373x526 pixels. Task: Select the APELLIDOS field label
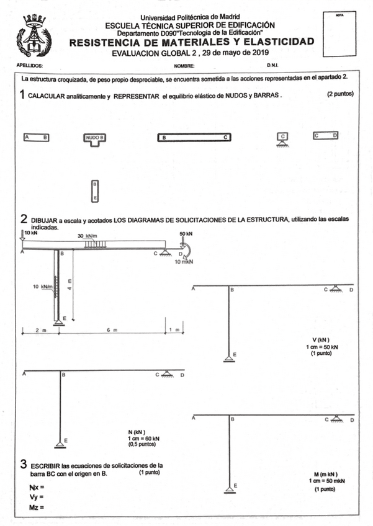[30, 65]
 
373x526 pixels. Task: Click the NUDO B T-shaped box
[95, 139]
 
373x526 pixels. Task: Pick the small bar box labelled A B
[36, 136]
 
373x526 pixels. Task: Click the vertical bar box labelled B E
[95, 191]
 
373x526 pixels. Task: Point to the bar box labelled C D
[325, 135]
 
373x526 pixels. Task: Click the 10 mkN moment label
[184, 262]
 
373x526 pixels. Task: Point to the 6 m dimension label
[112, 331]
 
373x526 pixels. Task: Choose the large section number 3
[23, 465]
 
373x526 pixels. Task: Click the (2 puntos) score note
[340, 94]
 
